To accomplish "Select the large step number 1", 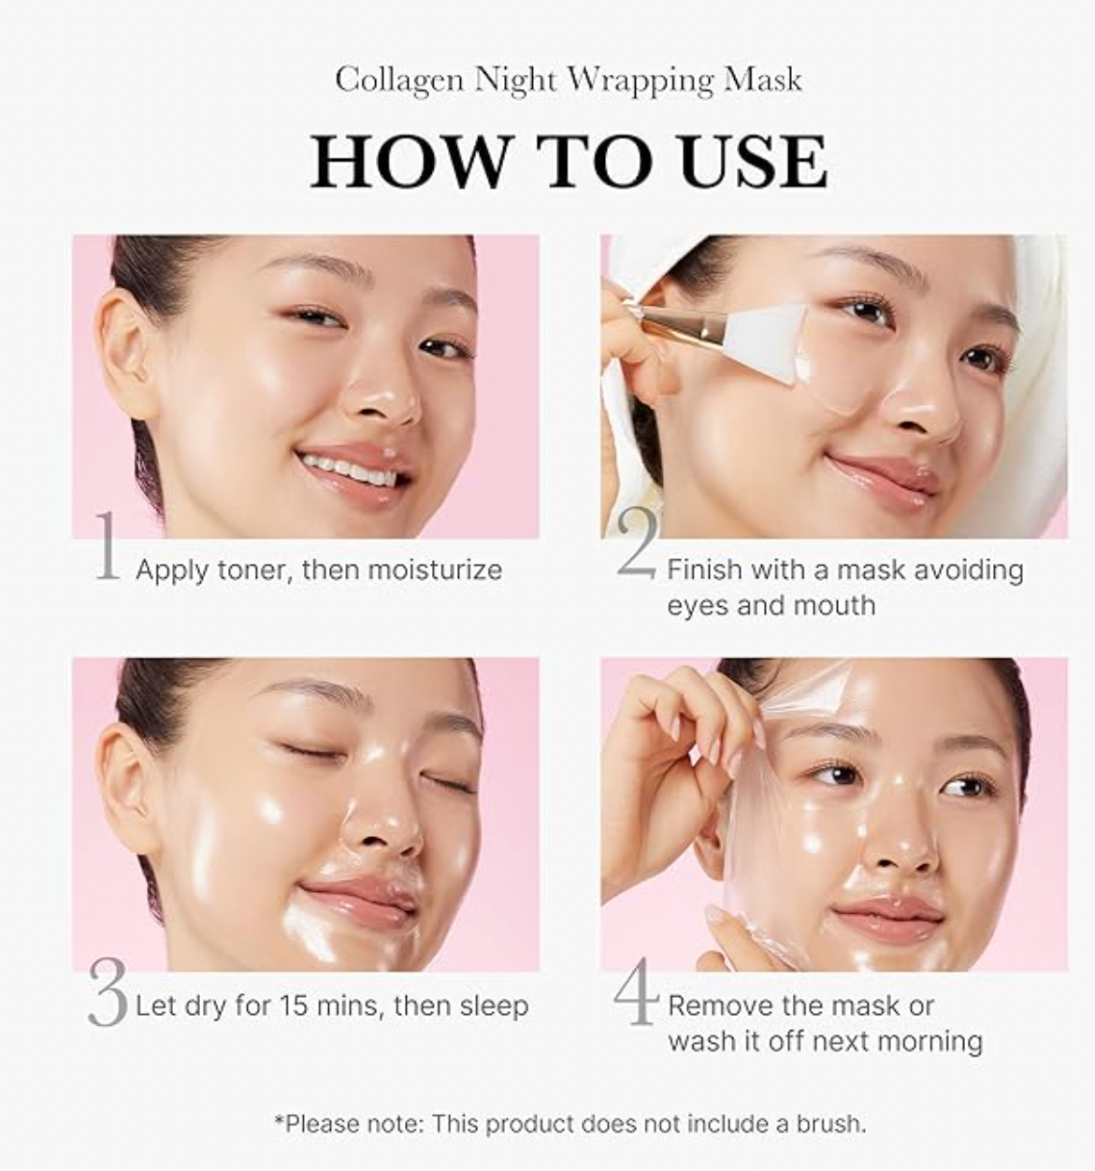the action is (108, 546).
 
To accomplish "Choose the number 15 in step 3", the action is (294, 1005).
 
